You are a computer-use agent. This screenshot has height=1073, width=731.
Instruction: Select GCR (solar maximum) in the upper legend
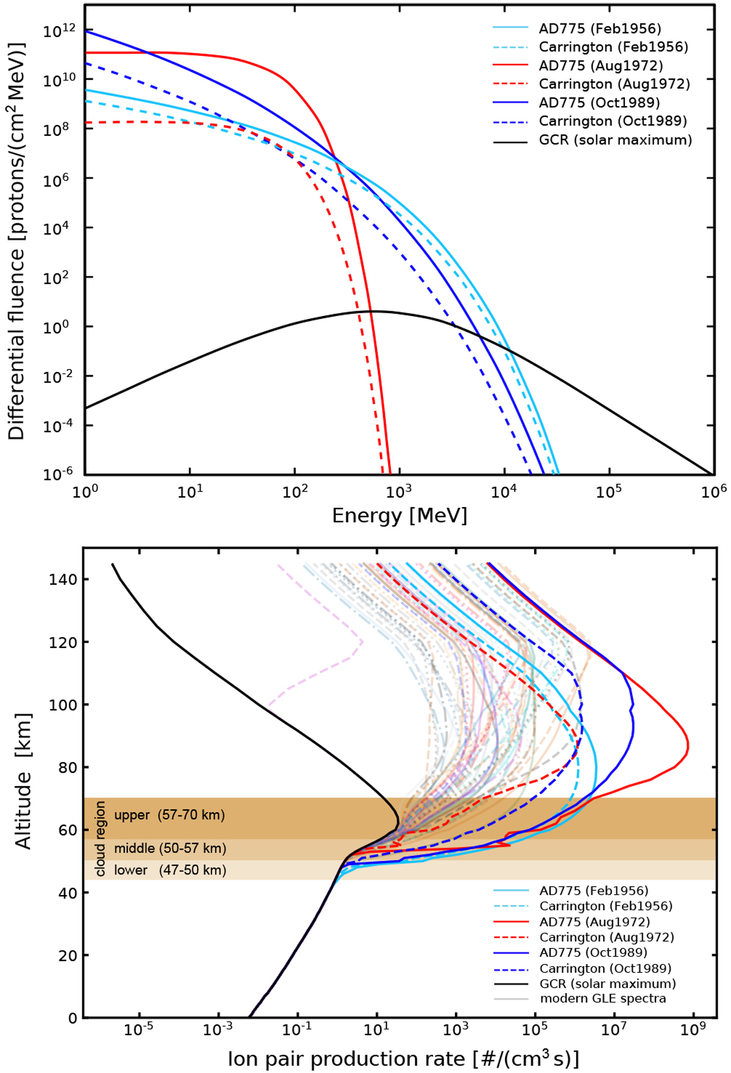pos(615,140)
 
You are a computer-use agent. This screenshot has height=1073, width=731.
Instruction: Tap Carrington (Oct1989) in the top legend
pos(613,121)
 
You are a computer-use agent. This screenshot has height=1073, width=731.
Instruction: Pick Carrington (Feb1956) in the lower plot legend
pos(606,906)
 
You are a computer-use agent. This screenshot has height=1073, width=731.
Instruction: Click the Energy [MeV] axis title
pos(400,516)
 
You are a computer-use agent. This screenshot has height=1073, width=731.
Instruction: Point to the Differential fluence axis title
pos(16,241)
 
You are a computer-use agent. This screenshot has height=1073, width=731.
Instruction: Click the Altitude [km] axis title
pos(23,781)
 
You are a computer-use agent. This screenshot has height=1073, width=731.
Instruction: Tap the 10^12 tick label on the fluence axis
pos(60,30)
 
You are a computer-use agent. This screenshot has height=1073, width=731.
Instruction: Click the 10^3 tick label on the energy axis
pos(399,491)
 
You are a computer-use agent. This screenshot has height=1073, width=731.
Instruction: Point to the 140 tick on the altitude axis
pos(63,579)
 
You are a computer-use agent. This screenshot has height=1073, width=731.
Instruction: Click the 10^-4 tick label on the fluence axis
pos(60,426)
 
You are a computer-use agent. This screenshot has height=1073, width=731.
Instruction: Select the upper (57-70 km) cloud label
pos(169,815)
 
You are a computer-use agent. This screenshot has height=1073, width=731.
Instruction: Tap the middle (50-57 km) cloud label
pos(170,848)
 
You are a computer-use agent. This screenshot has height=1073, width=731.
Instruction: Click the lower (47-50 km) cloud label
pos(170,870)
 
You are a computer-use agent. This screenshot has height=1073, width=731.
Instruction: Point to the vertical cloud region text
pos(100,839)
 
